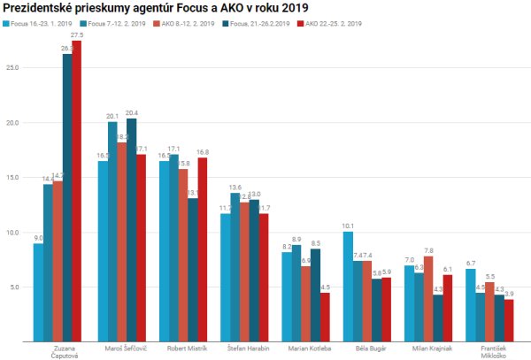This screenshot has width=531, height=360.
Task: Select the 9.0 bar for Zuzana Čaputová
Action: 38,292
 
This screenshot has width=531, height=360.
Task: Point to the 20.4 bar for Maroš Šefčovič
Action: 132,229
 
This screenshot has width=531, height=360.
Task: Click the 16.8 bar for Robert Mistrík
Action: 204,249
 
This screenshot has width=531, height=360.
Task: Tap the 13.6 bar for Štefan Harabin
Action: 235,266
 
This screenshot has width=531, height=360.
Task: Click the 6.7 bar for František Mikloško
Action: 470,304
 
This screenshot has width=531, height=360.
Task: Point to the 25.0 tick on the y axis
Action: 15,67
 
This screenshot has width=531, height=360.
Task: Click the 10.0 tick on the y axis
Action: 15,232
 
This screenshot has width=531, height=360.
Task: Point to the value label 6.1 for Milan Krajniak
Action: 449,269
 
